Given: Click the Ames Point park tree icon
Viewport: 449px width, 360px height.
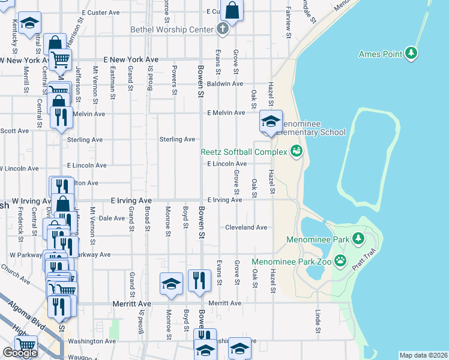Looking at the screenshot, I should pyautogui.click(x=411, y=54).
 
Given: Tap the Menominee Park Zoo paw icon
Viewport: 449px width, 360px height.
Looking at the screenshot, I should pyautogui.click(x=340, y=261).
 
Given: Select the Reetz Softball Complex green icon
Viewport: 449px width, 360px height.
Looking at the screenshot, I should pyautogui.click(x=295, y=151).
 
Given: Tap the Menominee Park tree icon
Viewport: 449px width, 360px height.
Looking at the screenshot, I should pyautogui.click(x=358, y=238).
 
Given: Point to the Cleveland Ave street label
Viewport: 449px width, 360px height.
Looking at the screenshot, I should pyautogui.click(x=246, y=228).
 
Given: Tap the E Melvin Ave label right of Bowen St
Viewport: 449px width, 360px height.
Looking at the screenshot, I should pyautogui.click(x=226, y=113).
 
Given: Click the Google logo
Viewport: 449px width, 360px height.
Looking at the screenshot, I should pyautogui.click(x=20, y=353).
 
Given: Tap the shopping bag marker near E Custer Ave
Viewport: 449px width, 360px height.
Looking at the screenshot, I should pyautogui.click(x=232, y=10).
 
